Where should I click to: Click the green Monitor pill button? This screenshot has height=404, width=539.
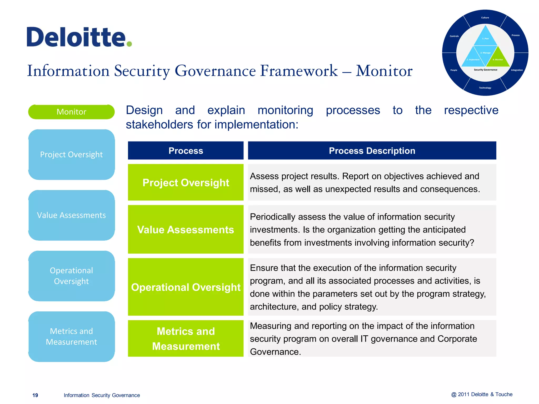tap(71, 112)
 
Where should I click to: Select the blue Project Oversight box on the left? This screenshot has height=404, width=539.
tap(71, 154)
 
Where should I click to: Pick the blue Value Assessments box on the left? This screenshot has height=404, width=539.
tap(71, 215)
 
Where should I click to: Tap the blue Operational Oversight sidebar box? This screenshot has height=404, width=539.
tap(71, 276)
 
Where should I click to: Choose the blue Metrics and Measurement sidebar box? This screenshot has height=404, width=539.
tap(71, 336)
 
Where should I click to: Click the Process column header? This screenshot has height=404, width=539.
tap(186, 151)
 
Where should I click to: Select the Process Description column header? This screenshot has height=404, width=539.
tap(372, 151)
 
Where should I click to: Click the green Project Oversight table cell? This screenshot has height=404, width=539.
tap(186, 183)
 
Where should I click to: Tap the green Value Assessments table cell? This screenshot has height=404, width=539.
tap(186, 229)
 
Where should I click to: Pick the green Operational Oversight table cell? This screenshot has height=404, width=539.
tap(186, 287)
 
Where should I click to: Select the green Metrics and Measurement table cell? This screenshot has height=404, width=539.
tap(186, 339)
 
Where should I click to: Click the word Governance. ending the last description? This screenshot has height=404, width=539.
tap(275, 352)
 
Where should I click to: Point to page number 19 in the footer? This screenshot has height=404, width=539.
tap(35, 395)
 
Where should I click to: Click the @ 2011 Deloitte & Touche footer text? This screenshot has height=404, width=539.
tap(482, 394)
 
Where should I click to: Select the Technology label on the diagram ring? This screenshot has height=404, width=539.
tap(485, 88)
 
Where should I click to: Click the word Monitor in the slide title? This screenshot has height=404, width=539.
tap(384, 71)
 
